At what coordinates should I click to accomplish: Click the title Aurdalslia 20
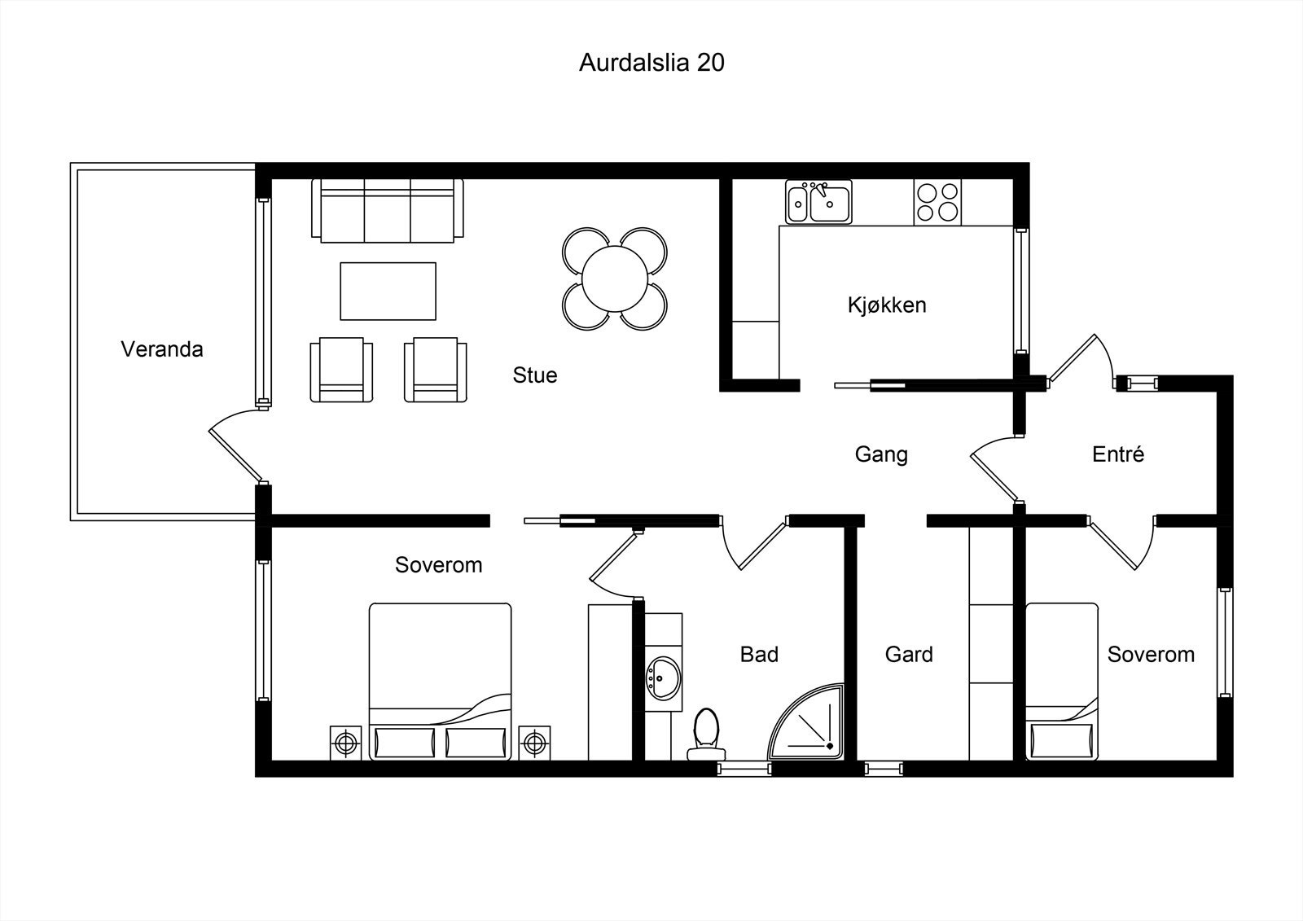point(651,63)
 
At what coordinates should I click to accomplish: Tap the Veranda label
point(162,349)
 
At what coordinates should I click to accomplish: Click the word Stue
point(534,375)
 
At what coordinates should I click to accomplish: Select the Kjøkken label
point(887,305)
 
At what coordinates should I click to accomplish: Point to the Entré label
point(1118,454)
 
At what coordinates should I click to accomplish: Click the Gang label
point(881,454)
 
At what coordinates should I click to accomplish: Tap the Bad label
point(759,655)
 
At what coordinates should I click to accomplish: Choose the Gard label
point(909,655)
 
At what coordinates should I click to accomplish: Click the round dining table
point(615,278)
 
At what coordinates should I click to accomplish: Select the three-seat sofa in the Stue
point(388,210)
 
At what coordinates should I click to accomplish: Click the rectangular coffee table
point(388,291)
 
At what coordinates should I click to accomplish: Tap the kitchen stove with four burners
point(937,202)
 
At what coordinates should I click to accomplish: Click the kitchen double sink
point(818,202)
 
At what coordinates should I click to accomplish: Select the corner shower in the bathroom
point(805,722)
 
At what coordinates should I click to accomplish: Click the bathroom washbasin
point(663,678)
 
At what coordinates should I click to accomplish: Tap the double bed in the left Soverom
point(441,682)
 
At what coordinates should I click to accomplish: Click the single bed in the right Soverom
point(1062,682)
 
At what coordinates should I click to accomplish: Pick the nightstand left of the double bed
point(345,743)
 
